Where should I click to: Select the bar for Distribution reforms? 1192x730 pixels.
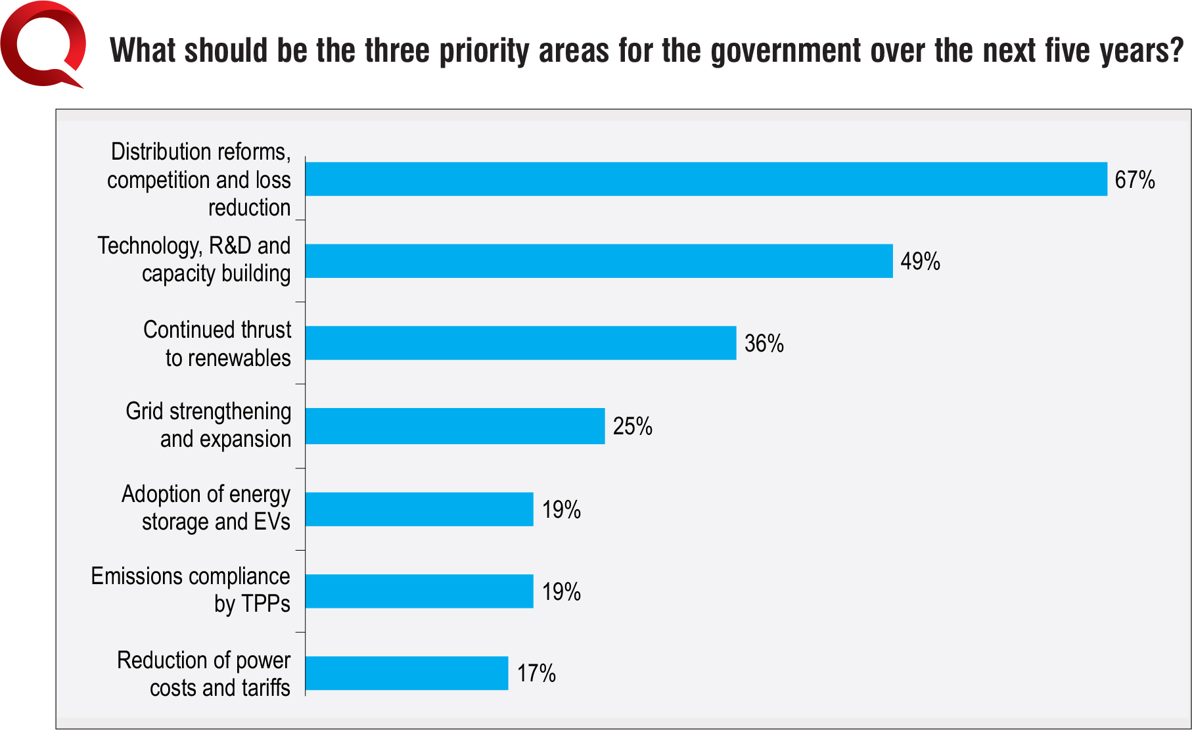tap(706, 179)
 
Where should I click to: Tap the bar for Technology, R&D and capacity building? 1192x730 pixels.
tap(599, 261)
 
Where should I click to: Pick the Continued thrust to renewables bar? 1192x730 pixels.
tap(521, 343)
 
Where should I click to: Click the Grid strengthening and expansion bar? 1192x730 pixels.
tap(455, 426)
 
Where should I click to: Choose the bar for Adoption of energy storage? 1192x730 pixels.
tap(419, 509)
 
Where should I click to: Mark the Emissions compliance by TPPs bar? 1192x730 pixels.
tap(419, 591)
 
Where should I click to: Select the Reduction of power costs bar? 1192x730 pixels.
tap(407, 673)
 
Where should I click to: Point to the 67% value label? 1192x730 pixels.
tap(1135, 179)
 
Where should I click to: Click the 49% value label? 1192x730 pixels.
tap(920, 262)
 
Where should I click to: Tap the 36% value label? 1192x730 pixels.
tap(764, 343)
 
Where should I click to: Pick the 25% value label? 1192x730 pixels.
tap(633, 426)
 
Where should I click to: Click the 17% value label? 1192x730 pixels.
tap(536, 673)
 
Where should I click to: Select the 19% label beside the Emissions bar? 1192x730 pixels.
tap(561, 591)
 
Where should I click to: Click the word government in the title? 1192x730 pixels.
tap(786, 51)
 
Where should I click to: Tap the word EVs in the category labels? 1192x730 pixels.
tap(272, 522)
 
